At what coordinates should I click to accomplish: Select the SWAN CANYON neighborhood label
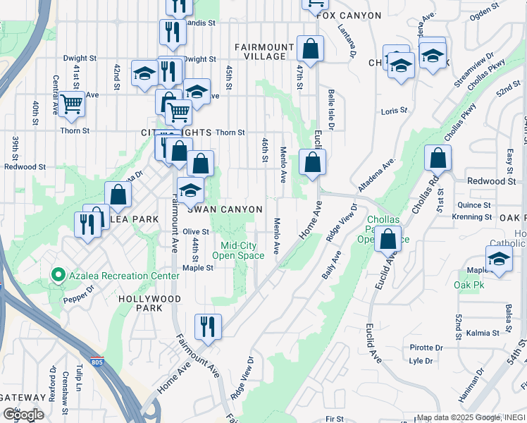pyautogui.click(x=224, y=209)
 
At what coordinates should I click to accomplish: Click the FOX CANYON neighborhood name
pyautogui.click(x=349, y=16)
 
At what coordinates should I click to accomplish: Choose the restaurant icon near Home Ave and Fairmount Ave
pyautogui.click(x=208, y=326)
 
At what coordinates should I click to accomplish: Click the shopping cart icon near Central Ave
pyautogui.click(x=71, y=104)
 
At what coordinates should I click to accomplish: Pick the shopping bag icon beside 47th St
pyautogui.click(x=309, y=49)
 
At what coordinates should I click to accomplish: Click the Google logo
pyautogui.click(x=23, y=414)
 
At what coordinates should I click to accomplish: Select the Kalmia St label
pyautogui.click(x=482, y=332)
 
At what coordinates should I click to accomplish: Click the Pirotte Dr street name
pyautogui.click(x=427, y=348)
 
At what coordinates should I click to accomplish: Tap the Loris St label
pyautogui.click(x=394, y=111)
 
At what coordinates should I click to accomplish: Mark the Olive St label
pyautogui.click(x=196, y=231)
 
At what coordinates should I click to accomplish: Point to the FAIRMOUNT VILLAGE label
pyautogui.click(x=264, y=51)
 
